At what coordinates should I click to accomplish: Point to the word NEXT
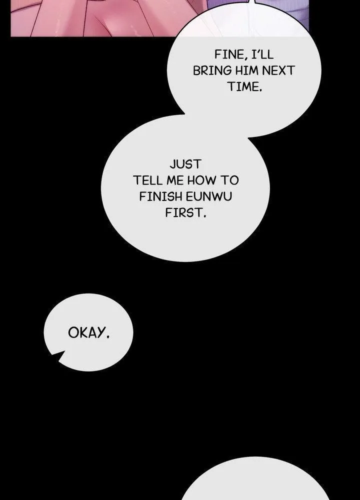pos(278,70)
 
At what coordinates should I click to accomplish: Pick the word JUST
pos(185,164)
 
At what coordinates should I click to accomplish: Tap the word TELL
pos(148,180)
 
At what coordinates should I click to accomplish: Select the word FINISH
pos(160,196)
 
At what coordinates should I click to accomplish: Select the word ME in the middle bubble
pos(175,180)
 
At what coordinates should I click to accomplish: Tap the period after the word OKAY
pos(108,336)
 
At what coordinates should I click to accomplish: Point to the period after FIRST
pos(204,216)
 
